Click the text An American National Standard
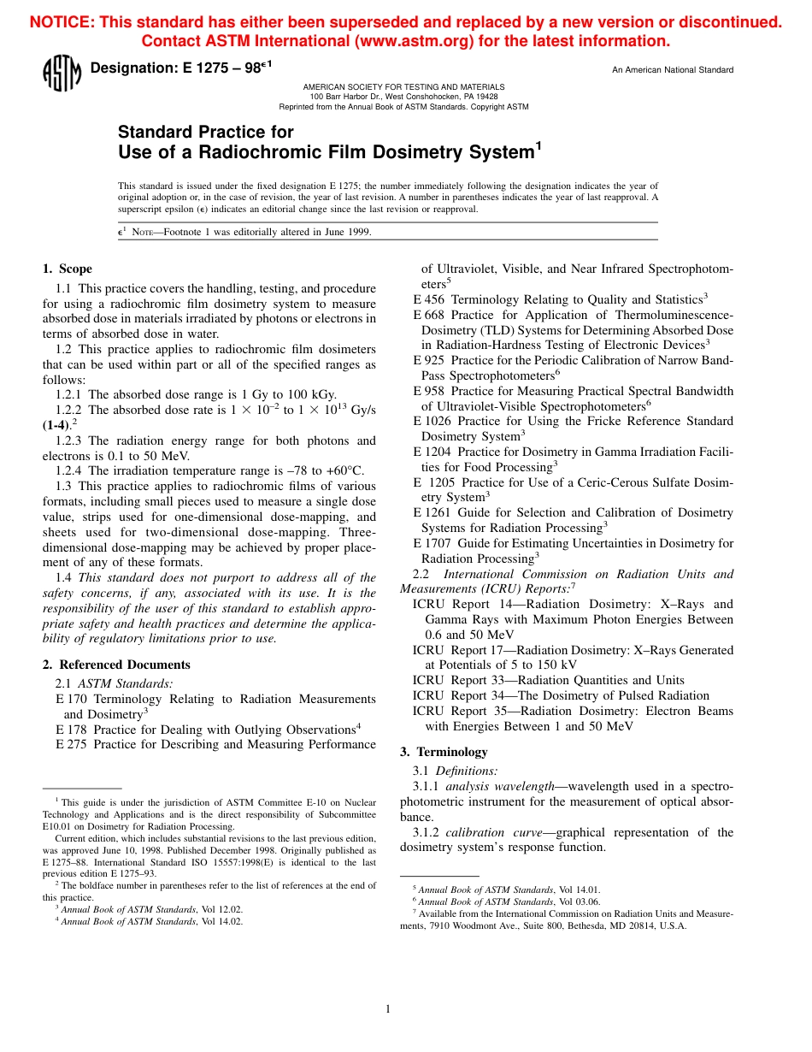(673, 70)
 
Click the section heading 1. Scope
(68, 269)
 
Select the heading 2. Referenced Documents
(116, 665)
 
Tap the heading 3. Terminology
(444, 752)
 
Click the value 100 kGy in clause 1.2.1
(311, 394)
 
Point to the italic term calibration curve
(496, 832)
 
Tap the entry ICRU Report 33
(452, 680)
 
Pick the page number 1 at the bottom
(388, 1009)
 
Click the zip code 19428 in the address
(486, 97)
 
